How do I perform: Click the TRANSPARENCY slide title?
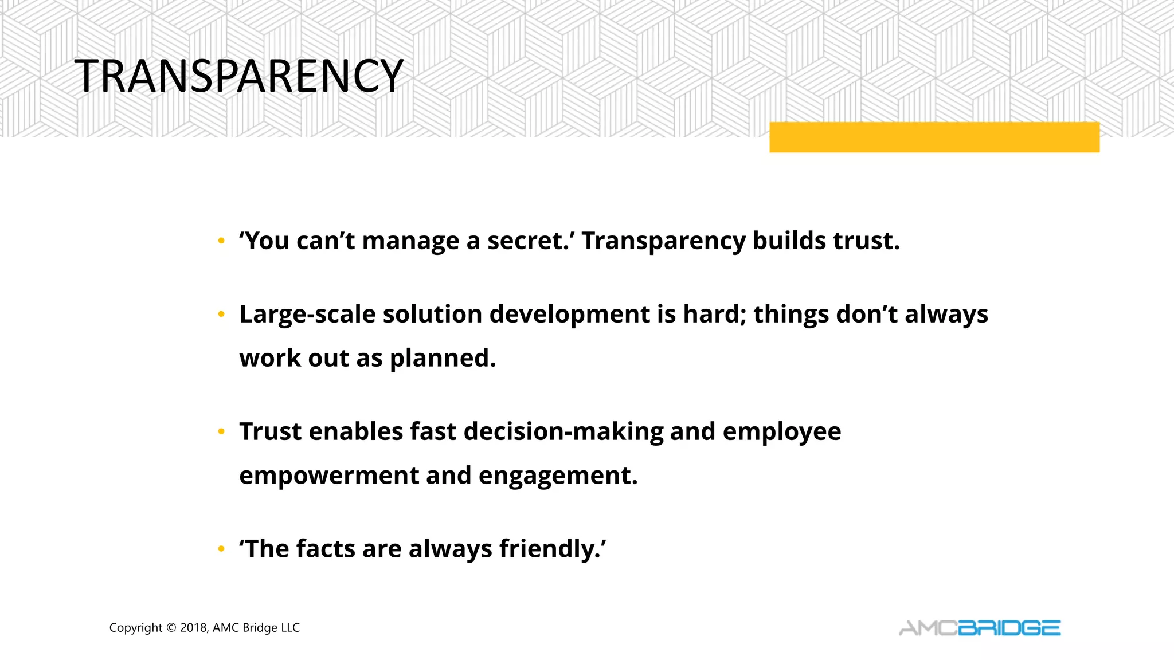pyautogui.click(x=238, y=76)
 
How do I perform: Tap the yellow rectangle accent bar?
pyautogui.click(x=934, y=137)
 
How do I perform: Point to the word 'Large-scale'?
pyautogui.click(x=307, y=315)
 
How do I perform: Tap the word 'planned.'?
pyautogui.click(x=443, y=359)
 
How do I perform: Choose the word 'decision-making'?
pyautogui.click(x=563, y=432)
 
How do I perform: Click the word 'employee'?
pyautogui.click(x=782, y=432)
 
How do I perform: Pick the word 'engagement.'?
pyautogui.click(x=558, y=476)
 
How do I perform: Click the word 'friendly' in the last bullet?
pyautogui.click(x=549, y=549)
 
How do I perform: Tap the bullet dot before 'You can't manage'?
pyautogui.click(x=221, y=242)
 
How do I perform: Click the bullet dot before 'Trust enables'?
pyautogui.click(x=221, y=433)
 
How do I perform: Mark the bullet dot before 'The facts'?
pyautogui.click(x=221, y=550)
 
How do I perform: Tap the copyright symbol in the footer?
pyautogui.click(x=171, y=628)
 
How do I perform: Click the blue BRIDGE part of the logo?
pyautogui.click(x=1009, y=628)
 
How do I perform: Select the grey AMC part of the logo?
pyautogui.click(x=928, y=628)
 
